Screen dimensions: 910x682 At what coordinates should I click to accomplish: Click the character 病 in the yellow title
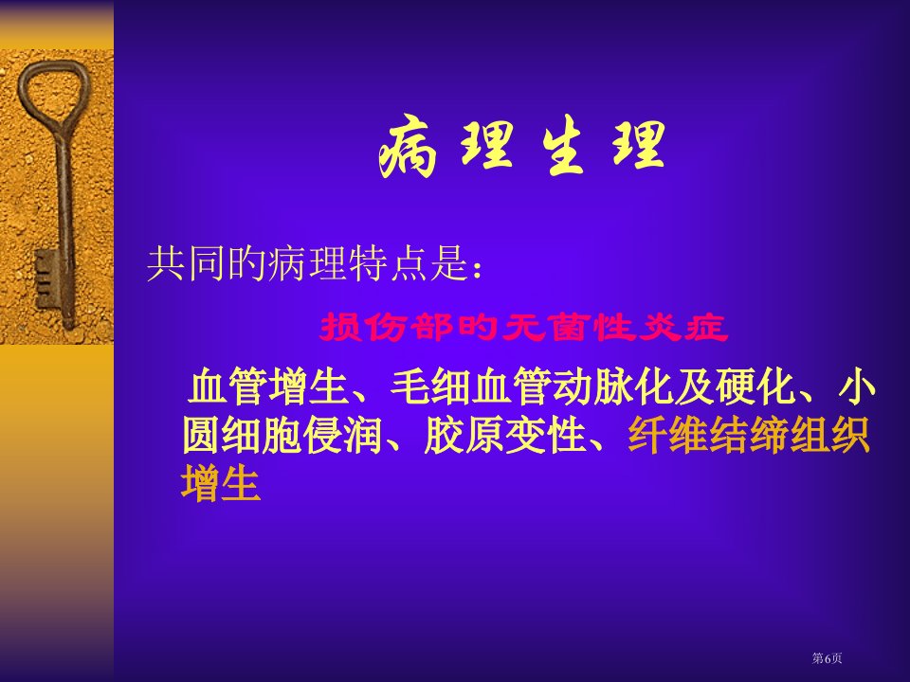(x=408, y=149)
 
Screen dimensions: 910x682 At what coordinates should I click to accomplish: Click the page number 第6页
(x=827, y=657)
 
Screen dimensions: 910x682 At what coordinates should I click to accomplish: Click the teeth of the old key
(x=45, y=278)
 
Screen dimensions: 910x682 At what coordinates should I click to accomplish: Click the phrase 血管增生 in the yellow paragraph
(x=268, y=386)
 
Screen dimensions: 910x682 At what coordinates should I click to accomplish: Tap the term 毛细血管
(x=471, y=386)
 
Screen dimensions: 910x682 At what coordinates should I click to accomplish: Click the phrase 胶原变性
(x=505, y=435)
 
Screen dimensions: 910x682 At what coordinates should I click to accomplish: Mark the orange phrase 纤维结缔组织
(x=749, y=435)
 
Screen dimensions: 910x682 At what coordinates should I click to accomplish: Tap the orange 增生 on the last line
(x=221, y=483)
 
